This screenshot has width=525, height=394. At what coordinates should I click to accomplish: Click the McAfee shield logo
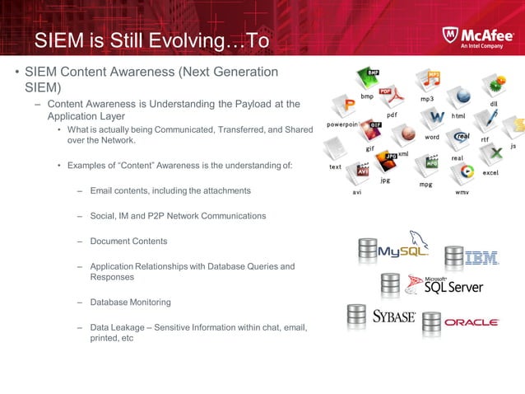tap(450, 35)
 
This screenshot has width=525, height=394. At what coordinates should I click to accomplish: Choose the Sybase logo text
tap(393, 317)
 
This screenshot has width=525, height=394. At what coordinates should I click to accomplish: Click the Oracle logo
tap(472, 322)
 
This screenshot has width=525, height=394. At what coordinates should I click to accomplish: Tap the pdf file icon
tap(391, 100)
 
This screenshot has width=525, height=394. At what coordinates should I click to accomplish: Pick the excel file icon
tap(491, 157)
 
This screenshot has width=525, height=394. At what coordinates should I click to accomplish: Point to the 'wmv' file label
tap(462, 192)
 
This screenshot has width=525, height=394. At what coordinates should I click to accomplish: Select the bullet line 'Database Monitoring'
tap(130, 303)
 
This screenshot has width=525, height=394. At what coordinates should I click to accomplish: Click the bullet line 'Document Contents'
tap(128, 242)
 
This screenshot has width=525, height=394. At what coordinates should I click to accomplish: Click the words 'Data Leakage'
tap(118, 327)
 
